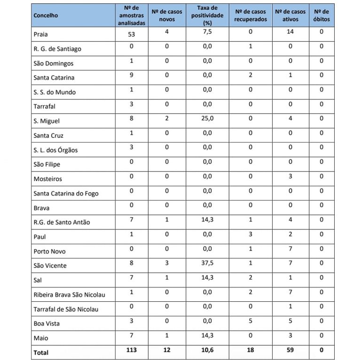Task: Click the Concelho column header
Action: (46, 16)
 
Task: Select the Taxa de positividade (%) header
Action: (207, 16)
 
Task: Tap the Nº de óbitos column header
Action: (322, 16)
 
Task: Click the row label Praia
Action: (41, 34)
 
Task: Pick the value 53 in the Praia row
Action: (132, 34)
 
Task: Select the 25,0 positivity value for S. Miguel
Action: (207, 118)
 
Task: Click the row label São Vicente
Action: (50, 266)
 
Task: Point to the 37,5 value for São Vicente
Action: (207, 263)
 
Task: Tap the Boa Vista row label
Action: (47, 323)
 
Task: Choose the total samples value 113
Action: (132, 350)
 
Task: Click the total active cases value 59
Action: (290, 350)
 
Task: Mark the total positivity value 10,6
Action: (207, 350)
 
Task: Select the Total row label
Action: (41, 352)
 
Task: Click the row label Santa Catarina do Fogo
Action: (66, 193)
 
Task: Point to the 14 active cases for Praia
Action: (290, 32)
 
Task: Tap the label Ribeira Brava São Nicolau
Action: (69, 295)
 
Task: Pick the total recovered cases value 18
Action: (251, 350)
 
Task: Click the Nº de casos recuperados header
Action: (251, 16)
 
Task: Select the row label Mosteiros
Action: (47, 179)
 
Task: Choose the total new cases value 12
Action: (167, 350)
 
